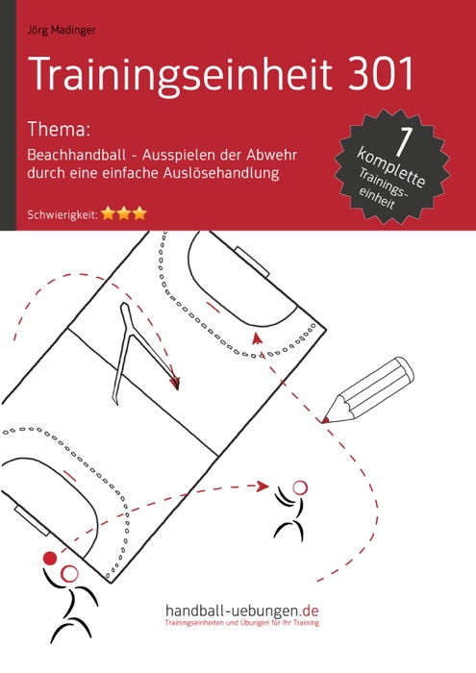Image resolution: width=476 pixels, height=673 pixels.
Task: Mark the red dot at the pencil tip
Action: click(x=326, y=420)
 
